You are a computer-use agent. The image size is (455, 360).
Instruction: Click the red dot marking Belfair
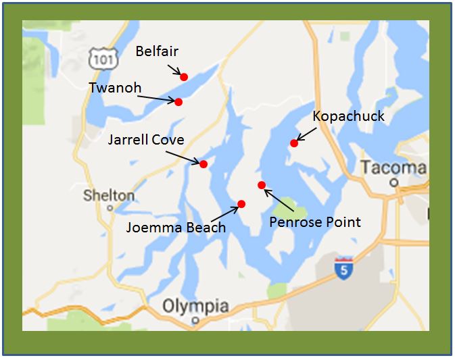pyautogui.click(x=184, y=77)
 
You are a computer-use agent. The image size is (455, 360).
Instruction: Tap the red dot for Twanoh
pyautogui.click(x=178, y=102)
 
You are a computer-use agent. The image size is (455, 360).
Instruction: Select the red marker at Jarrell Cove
pyautogui.click(x=203, y=163)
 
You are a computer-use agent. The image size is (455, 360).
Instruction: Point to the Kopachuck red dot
pyautogui.click(x=294, y=143)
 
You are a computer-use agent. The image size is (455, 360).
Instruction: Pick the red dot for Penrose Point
pyautogui.click(x=262, y=185)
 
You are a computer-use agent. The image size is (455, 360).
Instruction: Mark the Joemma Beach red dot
pyautogui.click(x=241, y=203)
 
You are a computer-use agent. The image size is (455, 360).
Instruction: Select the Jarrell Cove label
pyautogui.click(x=146, y=140)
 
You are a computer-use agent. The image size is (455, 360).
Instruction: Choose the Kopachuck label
pyautogui.click(x=349, y=116)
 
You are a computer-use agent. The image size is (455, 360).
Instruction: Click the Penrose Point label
pyautogui.click(x=315, y=222)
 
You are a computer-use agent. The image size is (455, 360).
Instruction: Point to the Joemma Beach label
pyautogui.click(x=176, y=228)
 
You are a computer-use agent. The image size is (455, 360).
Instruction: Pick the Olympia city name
pyautogui.click(x=195, y=306)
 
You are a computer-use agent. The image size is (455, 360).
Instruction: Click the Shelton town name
pyautogui.click(x=108, y=196)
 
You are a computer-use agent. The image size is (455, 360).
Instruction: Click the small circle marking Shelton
pyautogui.click(x=109, y=208)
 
